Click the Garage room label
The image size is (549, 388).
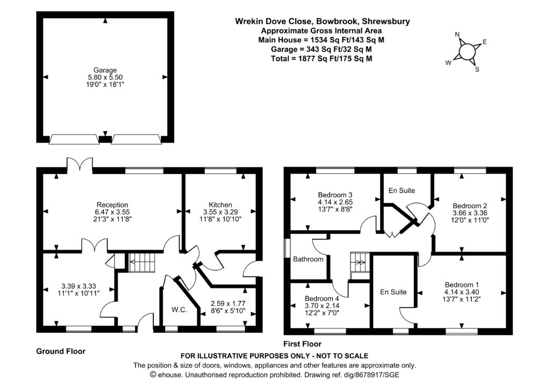(x=105, y=70)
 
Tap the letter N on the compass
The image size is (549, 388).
(x=457, y=35)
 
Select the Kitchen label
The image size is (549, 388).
(x=220, y=205)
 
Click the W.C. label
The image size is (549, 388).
(x=179, y=309)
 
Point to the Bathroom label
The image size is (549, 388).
(x=308, y=259)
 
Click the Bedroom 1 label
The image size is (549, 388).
(x=462, y=285)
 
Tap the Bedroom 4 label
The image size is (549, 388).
(x=322, y=299)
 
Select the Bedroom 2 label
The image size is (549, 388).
(x=470, y=206)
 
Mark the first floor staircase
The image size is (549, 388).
(x=358, y=262)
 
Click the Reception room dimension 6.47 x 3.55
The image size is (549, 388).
(x=112, y=212)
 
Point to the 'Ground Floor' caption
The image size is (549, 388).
(x=61, y=352)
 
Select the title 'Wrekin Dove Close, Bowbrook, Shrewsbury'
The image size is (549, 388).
(x=322, y=21)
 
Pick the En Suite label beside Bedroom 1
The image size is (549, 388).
(x=393, y=292)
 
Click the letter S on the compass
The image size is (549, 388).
(x=477, y=69)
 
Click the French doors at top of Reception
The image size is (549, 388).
(x=80, y=165)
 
